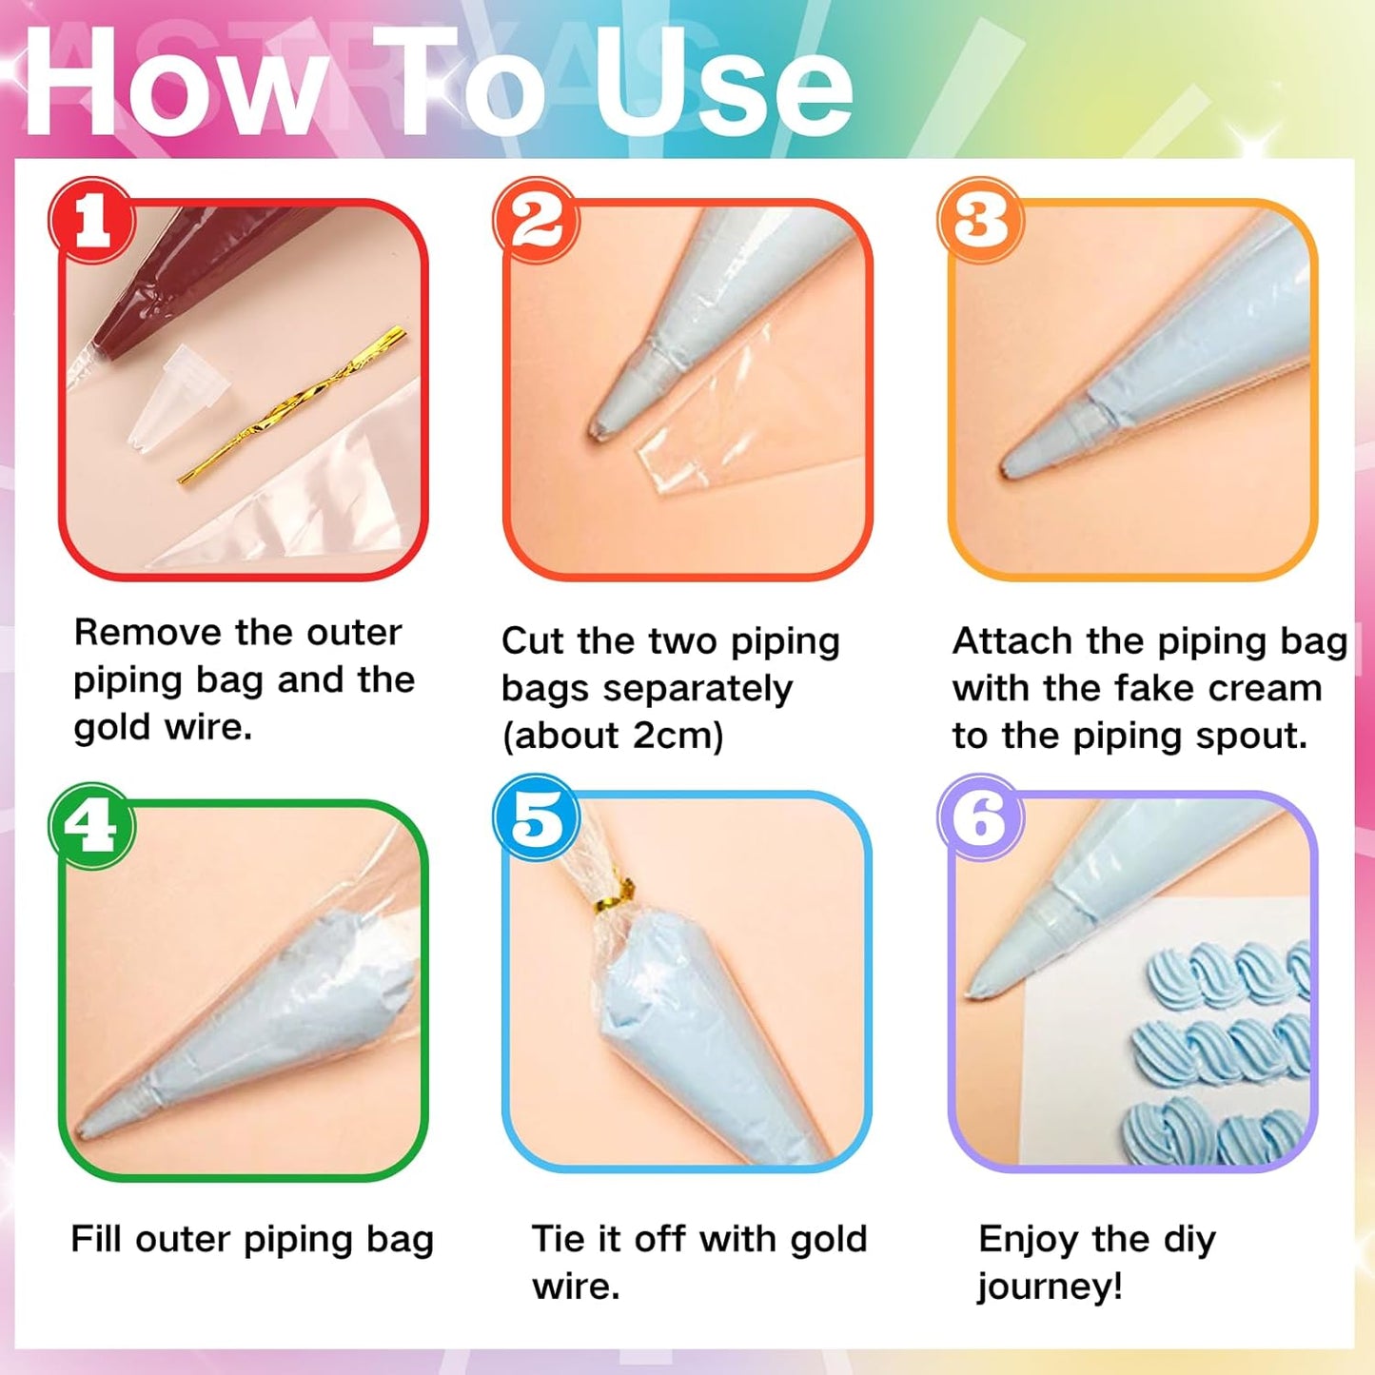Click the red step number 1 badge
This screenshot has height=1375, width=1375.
[x=92, y=221]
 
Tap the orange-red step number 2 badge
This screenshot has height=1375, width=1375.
[x=537, y=221]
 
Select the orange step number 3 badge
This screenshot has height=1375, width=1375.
[x=981, y=221]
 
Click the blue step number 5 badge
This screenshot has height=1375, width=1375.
[x=537, y=817]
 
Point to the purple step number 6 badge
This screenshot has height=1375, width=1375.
[x=981, y=817]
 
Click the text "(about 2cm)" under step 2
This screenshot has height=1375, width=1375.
[x=613, y=736]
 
